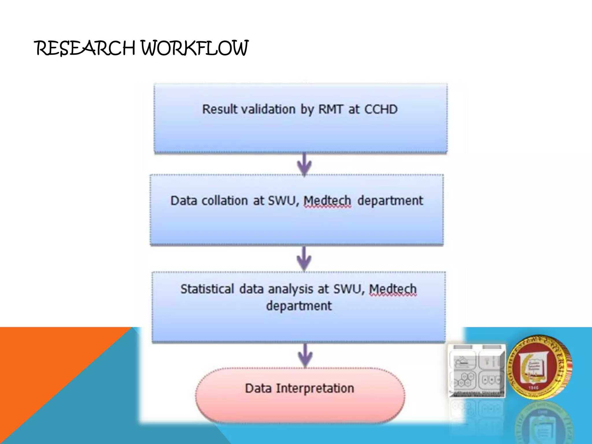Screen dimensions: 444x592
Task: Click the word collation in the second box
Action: pyautogui.click(x=225, y=201)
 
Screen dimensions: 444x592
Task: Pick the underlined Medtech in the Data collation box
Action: pyautogui.click(x=327, y=201)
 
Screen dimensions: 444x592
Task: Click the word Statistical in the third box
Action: pyautogui.click(x=207, y=289)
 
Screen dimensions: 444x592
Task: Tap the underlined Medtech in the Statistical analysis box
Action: pyautogui.click(x=393, y=289)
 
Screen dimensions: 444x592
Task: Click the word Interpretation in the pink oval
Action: pyautogui.click(x=315, y=388)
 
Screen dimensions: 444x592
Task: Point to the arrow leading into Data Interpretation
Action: pyautogui.click(x=305, y=355)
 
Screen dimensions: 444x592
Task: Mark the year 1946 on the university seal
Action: pyautogui.click(x=533, y=388)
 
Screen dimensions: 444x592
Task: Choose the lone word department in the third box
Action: pyautogui.click(x=299, y=306)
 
